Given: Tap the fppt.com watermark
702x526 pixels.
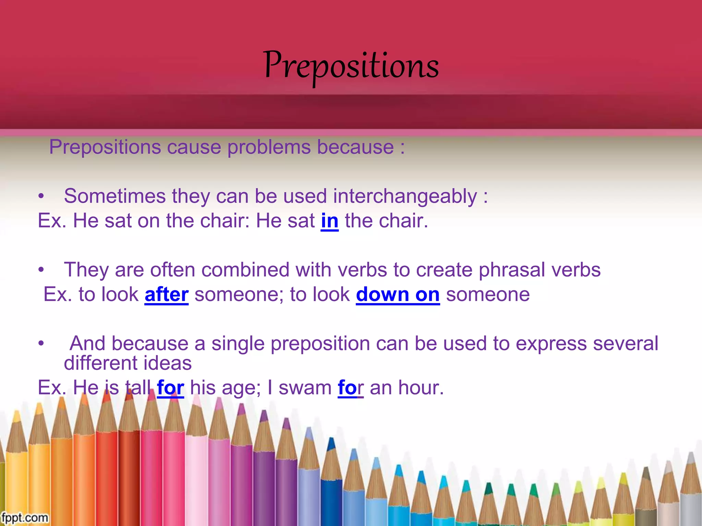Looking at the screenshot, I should (24, 517).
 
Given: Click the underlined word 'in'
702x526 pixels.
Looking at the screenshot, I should (329, 221).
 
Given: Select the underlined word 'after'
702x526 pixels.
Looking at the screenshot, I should (166, 295).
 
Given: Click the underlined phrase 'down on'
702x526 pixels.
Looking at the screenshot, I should (398, 295).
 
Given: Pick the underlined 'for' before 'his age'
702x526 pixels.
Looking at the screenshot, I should (170, 388).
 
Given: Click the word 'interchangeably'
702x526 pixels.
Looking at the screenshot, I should (405, 197).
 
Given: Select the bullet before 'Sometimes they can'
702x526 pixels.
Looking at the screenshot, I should (41, 197).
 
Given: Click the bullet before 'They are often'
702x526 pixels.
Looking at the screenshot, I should (41, 270).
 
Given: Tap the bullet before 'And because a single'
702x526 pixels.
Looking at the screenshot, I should (41, 343).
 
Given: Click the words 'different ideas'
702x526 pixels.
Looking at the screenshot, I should (128, 363).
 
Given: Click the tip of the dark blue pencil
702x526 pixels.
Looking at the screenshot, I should (331, 442).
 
